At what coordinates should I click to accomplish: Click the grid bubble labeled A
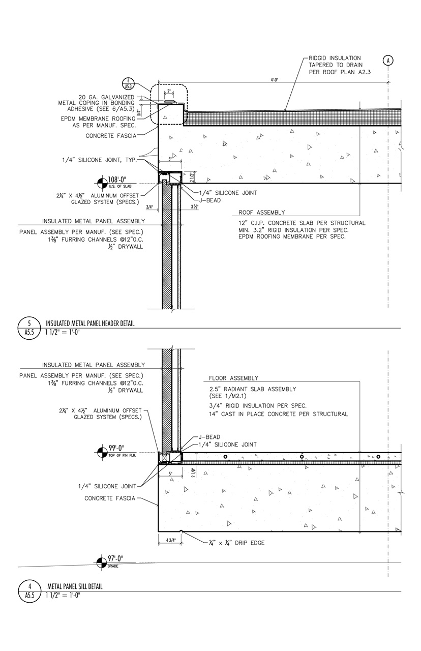pos(388,61)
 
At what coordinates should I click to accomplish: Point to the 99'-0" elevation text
pos(116,448)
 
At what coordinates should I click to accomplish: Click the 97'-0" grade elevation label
pos(116,559)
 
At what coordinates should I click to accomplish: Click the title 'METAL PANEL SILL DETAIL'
pos(75,586)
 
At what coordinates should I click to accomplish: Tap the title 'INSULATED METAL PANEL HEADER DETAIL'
pos(90,323)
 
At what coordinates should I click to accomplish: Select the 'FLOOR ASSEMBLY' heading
pos(233,378)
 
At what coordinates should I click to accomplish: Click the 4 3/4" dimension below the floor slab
pos(170,540)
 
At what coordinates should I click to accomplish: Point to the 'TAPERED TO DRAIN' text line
pos(336,65)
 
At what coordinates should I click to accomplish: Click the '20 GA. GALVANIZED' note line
pos(106,97)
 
